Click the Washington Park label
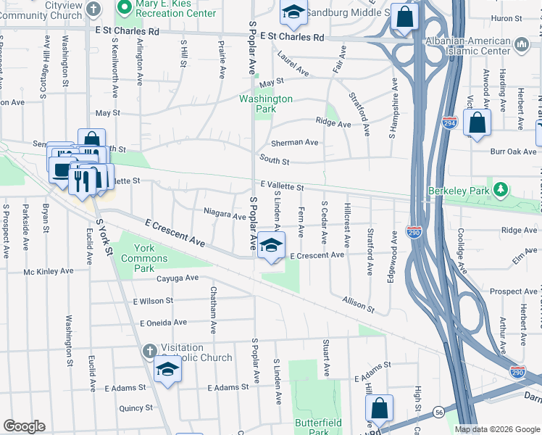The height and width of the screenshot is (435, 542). pyautogui.click(x=266, y=104)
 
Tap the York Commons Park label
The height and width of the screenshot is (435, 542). pyautogui.click(x=139, y=253)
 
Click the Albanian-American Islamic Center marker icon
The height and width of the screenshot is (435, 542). pyautogui.click(x=522, y=46)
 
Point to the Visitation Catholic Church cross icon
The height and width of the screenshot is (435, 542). pyautogui.click(x=149, y=352)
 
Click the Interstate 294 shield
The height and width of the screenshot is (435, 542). pyautogui.click(x=450, y=123)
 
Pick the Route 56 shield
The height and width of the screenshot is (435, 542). pyautogui.click(x=439, y=411)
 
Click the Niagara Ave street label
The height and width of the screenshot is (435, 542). pyautogui.click(x=225, y=215)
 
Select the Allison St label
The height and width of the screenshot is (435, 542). pyautogui.click(x=359, y=304)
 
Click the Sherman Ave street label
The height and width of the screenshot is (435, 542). pyautogui.click(x=295, y=143)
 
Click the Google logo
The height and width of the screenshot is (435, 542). pyautogui.click(x=24, y=426)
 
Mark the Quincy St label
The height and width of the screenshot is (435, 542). pyautogui.click(x=136, y=408)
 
